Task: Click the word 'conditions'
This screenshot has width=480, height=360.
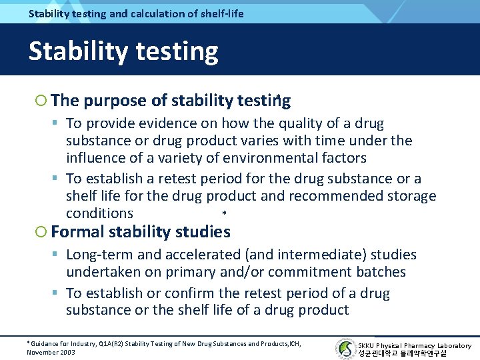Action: pos(99,213)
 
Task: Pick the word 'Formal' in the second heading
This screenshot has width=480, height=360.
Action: pos(73,232)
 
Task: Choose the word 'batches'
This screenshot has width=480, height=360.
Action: pos(381,272)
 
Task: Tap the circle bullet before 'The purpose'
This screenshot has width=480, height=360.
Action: pos(41,101)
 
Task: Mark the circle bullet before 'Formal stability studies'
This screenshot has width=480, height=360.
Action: pos(41,232)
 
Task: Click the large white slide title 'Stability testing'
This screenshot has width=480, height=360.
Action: pos(123,51)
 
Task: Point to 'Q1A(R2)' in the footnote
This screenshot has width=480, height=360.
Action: pos(112,344)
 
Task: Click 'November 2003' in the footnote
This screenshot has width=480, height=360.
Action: pos(51,352)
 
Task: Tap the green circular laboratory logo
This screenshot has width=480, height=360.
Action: pos(346,349)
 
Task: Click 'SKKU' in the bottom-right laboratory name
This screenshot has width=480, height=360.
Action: pos(367,345)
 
